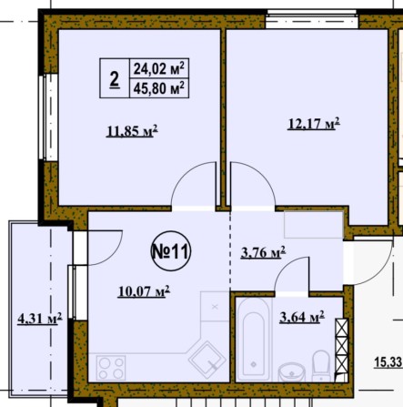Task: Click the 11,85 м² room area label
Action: point(132,131)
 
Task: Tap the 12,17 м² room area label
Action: point(314,124)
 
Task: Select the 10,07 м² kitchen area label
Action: point(144,291)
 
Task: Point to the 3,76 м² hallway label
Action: point(263,252)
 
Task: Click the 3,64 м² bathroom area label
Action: point(302,317)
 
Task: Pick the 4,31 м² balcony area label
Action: point(40,319)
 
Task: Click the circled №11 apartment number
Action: point(171,251)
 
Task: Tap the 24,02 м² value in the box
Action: point(159,68)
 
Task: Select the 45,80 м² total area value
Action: point(159,88)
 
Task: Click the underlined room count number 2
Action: point(115,79)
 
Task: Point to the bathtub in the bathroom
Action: point(254,340)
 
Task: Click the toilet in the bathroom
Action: point(321,366)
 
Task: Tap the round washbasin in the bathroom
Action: point(292,372)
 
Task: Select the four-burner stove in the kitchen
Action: point(111,368)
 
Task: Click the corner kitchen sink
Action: point(207,359)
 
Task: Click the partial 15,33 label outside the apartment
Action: point(388,362)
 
